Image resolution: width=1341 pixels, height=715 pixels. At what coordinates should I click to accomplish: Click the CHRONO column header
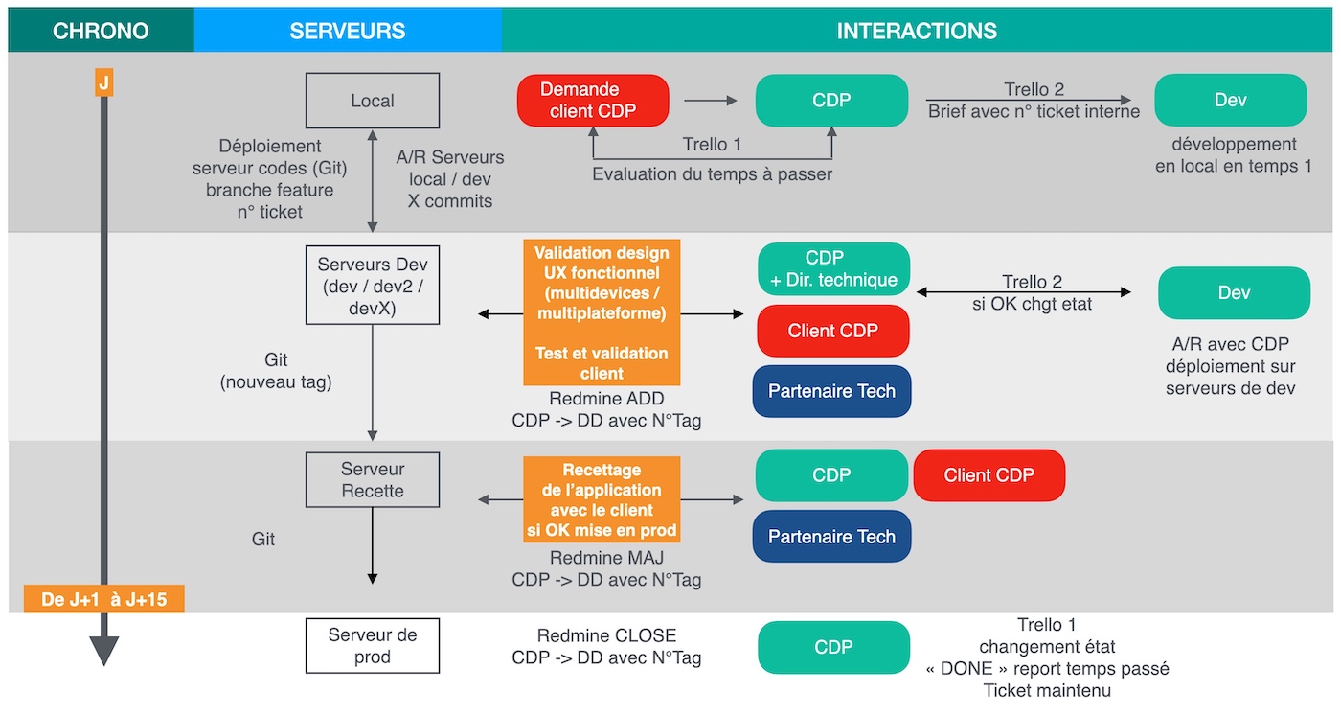[x=101, y=31]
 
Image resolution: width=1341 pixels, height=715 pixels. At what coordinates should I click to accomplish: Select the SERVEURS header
[x=347, y=31]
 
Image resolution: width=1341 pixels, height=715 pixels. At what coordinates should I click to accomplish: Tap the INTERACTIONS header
[x=916, y=31]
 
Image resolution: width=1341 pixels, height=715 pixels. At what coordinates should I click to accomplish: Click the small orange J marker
[x=103, y=82]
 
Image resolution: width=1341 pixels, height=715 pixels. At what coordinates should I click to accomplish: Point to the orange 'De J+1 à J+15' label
[x=103, y=601]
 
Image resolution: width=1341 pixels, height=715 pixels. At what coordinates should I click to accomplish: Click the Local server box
[x=373, y=101]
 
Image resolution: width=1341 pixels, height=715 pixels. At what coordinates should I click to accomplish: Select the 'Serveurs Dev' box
[x=373, y=285]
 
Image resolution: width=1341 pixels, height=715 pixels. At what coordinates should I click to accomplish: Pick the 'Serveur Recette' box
[x=373, y=480]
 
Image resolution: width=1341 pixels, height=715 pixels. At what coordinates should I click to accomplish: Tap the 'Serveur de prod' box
[x=373, y=646]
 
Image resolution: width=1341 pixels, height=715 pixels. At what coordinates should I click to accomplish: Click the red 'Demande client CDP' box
[x=593, y=101]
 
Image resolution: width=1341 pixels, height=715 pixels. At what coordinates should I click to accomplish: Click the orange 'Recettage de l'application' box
[x=602, y=499]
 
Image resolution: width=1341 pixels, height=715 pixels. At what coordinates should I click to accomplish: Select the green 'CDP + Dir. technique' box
[x=833, y=269]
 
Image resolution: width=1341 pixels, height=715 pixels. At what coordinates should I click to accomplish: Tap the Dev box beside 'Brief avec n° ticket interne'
[x=1230, y=101]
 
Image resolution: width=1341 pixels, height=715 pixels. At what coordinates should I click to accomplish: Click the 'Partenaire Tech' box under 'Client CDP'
[x=831, y=391]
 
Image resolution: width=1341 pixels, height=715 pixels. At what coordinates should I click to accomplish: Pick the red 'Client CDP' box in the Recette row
[x=989, y=475]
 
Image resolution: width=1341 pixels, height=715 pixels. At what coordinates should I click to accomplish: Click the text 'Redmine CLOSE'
[x=606, y=635]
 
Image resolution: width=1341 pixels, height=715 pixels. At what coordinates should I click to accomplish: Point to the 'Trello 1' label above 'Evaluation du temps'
[x=712, y=145]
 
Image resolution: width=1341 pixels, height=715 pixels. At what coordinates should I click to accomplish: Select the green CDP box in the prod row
[x=833, y=647]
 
